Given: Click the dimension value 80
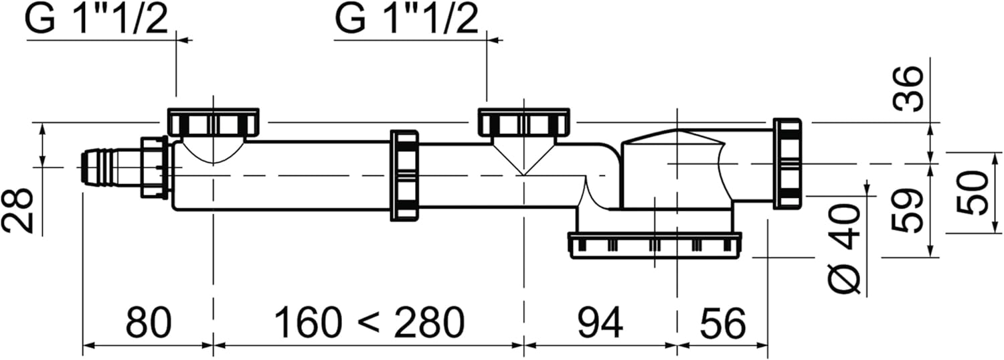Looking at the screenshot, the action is [149, 323].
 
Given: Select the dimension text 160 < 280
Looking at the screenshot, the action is [369, 323].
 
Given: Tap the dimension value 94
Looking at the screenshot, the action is [600, 323].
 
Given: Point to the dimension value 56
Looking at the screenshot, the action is [723, 323].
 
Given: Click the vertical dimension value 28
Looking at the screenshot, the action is [18, 210].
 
